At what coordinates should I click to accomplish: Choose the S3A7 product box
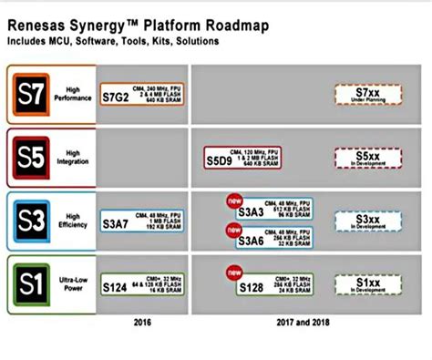pos(141,221)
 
